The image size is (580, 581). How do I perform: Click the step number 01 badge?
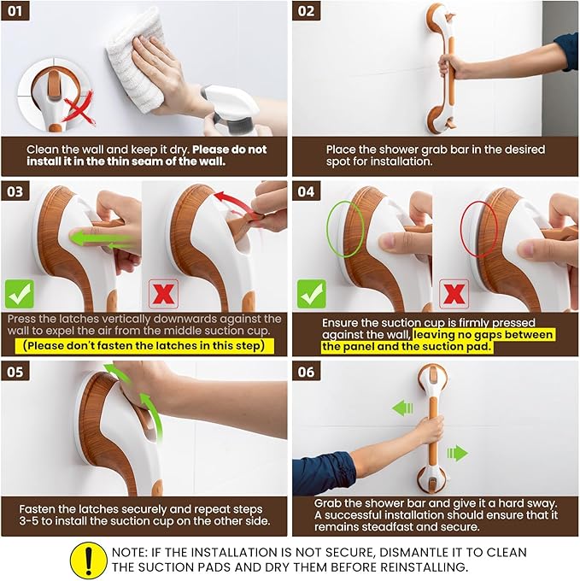pos(15,11)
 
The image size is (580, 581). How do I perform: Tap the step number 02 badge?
pos(307,11)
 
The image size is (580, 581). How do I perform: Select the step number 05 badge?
pos(15,372)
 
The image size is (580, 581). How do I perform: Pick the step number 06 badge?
pos(307,372)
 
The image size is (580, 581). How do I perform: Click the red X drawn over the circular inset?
pos(79,109)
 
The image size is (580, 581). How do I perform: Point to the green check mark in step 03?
pos(20,294)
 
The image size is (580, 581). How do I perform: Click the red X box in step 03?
pos(163,294)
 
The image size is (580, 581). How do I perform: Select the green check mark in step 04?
pos(312,294)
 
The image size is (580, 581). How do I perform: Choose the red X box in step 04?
pos(454,294)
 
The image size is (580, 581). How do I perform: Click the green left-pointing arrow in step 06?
pos(402,408)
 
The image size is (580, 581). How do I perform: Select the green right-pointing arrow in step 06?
pos(458,453)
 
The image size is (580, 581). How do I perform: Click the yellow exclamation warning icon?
pos(89,560)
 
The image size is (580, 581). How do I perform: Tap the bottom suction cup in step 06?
pos(432,481)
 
